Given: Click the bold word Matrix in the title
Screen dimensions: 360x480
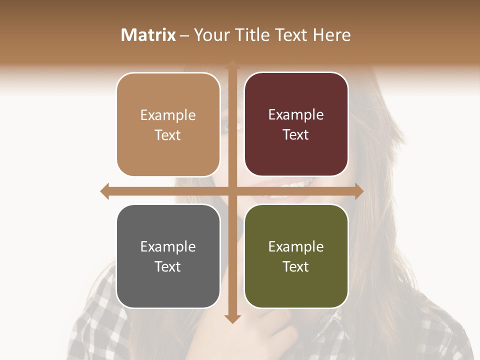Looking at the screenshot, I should pyautogui.click(x=148, y=35).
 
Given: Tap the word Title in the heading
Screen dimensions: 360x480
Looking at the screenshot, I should pyautogui.click(x=250, y=35).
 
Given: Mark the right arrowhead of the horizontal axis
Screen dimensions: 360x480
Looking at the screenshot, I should pyautogui.click(x=359, y=191).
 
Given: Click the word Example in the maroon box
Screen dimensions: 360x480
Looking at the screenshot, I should pyautogui.click(x=296, y=115).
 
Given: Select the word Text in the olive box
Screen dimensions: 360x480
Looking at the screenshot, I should pyautogui.click(x=296, y=266).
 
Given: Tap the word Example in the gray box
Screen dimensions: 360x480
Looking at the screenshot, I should pyautogui.click(x=168, y=246).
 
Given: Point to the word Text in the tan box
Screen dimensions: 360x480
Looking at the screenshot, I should pyautogui.click(x=168, y=135).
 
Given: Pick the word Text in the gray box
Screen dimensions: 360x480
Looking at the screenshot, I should pyautogui.click(x=168, y=266).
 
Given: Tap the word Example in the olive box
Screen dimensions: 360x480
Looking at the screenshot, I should pyautogui.click(x=296, y=246).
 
